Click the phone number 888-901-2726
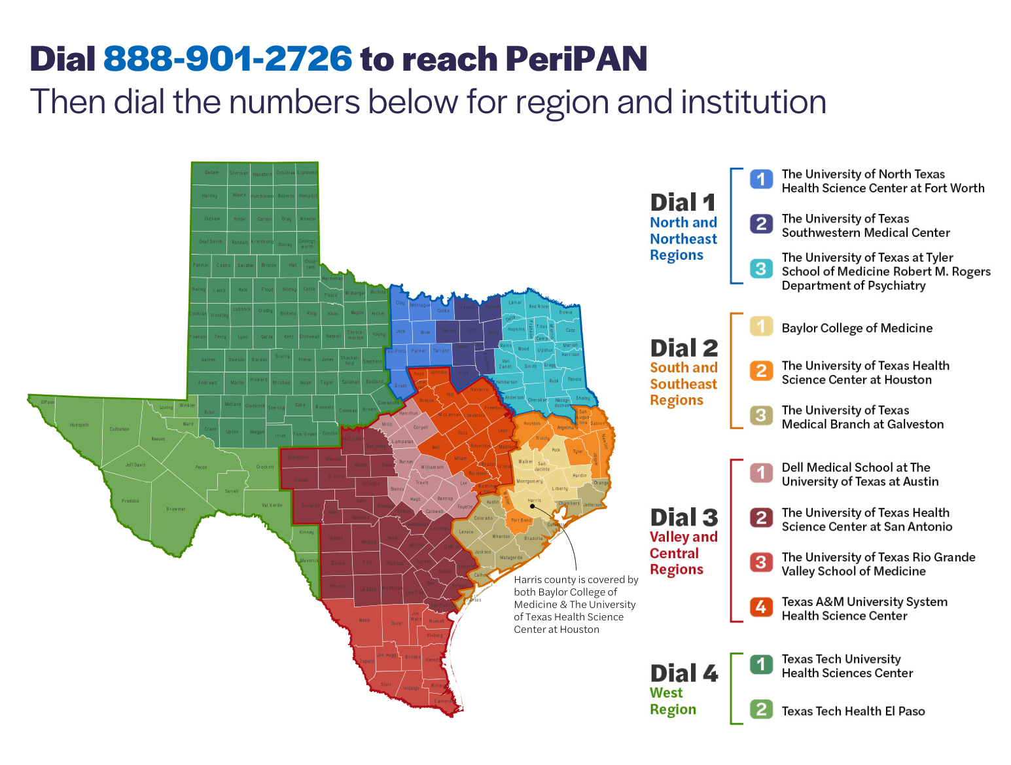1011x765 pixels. [x=228, y=59]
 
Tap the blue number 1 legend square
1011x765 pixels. [x=761, y=179]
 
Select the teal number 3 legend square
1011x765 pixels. [x=761, y=268]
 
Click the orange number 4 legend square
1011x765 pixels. [x=761, y=607]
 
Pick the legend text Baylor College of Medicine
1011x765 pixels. [x=857, y=328]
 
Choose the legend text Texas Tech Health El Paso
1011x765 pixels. [x=853, y=711]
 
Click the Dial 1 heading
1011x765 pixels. [x=683, y=202]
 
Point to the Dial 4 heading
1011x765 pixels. [x=684, y=673]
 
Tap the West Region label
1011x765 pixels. [x=673, y=701]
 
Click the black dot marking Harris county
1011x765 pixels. [x=532, y=506]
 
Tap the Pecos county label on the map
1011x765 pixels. [x=201, y=467]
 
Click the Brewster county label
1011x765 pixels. [x=175, y=508]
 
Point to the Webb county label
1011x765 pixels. [x=364, y=620]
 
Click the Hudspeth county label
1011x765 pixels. [x=79, y=425]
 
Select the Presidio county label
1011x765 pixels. [x=130, y=501]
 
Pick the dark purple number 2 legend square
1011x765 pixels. [x=761, y=224]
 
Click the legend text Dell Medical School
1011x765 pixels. [x=860, y=474]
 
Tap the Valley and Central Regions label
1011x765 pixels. [x=683, y=553]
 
